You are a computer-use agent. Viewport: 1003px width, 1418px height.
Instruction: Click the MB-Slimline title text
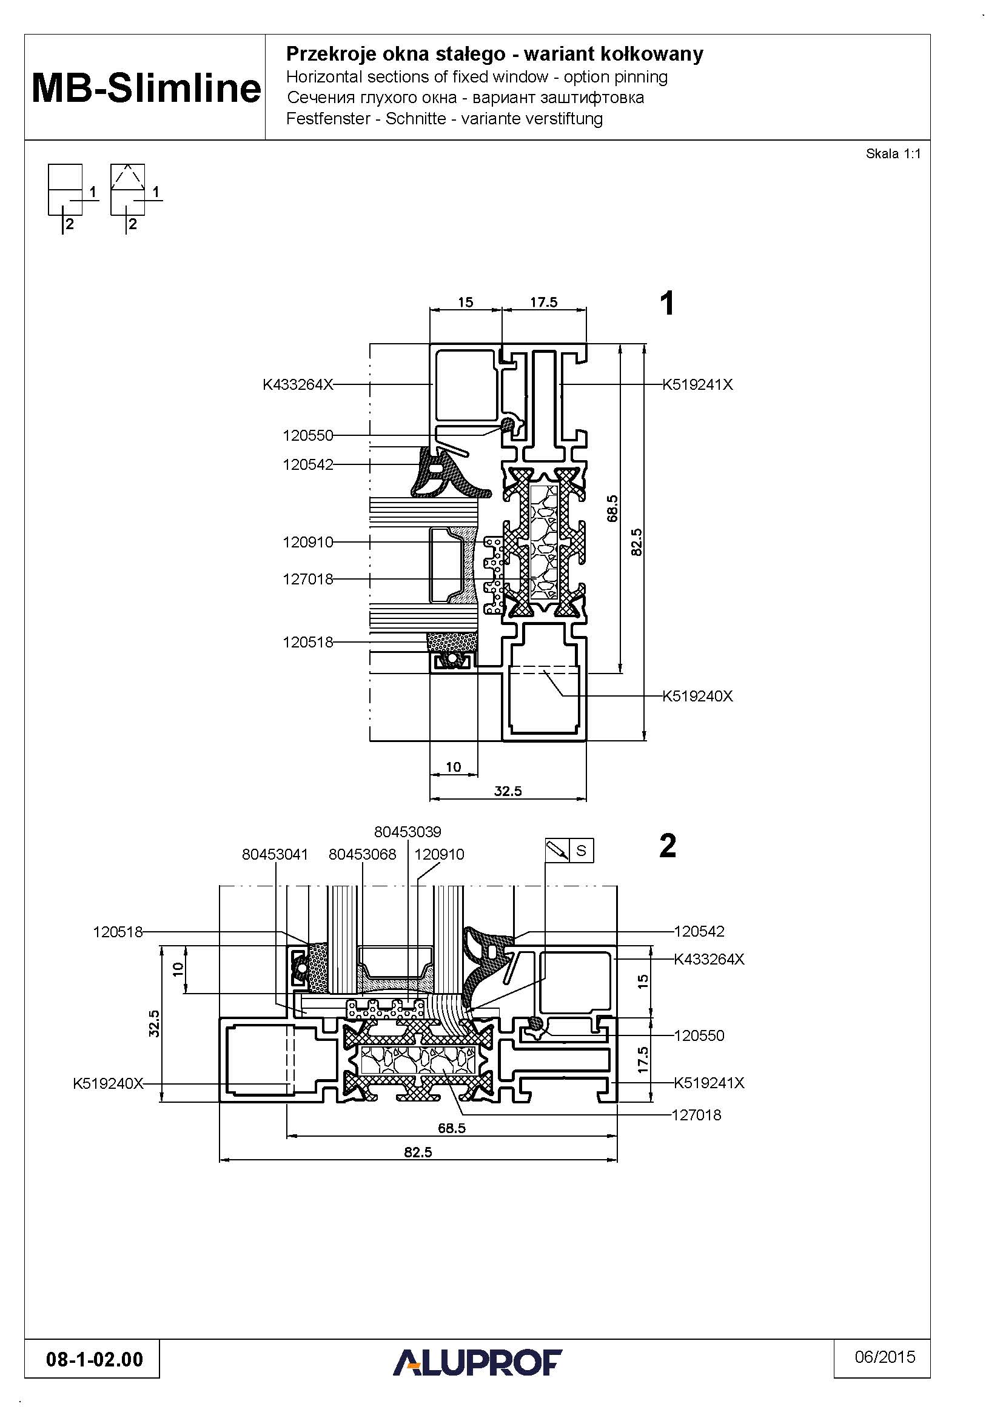tap(146, 88)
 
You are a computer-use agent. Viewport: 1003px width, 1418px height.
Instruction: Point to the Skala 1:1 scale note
tap(893, 154)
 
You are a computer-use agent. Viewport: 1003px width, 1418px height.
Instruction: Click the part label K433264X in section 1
tap(298, 385)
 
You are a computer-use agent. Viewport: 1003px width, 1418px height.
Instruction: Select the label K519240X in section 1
tap(697, 696)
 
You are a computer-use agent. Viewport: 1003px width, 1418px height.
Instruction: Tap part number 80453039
tap(408, 832)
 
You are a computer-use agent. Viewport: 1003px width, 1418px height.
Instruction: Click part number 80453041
tap(275, 854)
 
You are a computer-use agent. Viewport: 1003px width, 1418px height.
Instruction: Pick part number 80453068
tap(362, 854)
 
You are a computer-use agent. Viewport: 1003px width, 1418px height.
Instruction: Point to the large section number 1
tap(667, 304)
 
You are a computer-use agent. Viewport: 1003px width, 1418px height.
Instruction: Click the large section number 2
tap(668, 846)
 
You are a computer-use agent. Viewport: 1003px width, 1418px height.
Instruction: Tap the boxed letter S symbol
tap(581, 851)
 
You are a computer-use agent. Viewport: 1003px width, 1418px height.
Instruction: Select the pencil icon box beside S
tap(557, 851)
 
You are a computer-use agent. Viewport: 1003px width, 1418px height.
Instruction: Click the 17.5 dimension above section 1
tap(543, 302)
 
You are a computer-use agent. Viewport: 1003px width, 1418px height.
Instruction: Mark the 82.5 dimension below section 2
tap(418, 1152)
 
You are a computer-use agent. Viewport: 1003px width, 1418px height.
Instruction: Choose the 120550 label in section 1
tap(307, 435)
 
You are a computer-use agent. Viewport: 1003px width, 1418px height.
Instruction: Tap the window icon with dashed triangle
tap(128, 189)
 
